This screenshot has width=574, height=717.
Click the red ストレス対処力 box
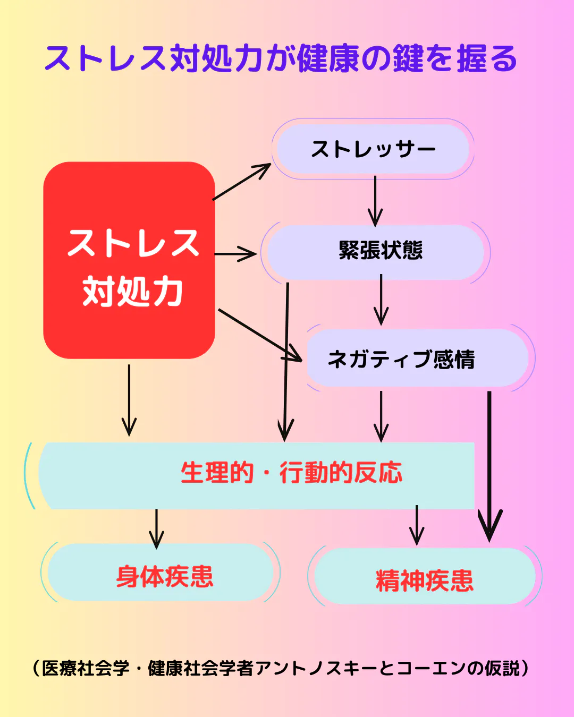click(x=129, y=260)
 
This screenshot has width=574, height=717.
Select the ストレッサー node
click(x=373, y=149)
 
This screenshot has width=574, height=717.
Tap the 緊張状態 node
click(x=379, y=251)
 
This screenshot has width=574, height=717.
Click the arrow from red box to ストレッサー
click(x=242, y=182)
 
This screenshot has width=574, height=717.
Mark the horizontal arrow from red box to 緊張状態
click(x=235, y=254)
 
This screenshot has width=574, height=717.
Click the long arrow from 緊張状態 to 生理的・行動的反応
click(x=286, y=361)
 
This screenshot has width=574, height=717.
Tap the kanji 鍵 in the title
click(x=407, y=58)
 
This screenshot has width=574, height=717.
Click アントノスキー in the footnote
click(x=316, y=668)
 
